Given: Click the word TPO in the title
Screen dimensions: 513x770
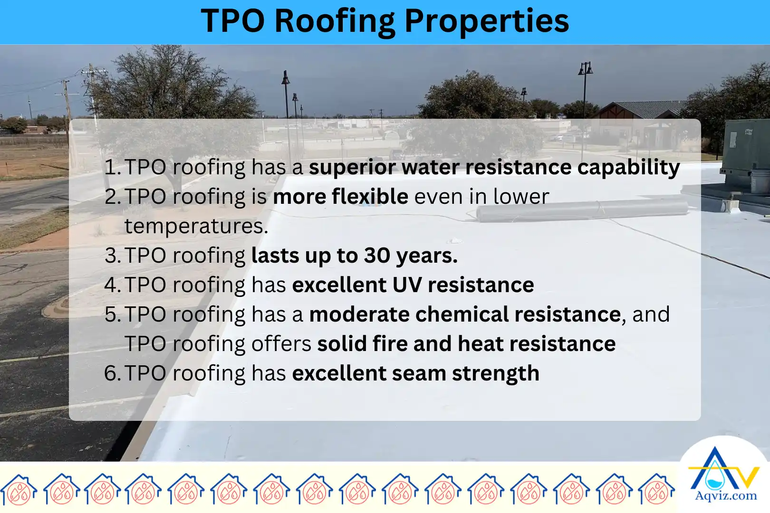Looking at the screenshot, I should coord(233,21).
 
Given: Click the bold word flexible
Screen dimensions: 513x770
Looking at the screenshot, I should coord(370,196).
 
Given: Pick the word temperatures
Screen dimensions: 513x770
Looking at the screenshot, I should coord(196,226).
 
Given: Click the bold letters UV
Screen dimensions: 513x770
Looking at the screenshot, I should coord(407,285).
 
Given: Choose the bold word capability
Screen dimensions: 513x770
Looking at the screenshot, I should coord(628,168).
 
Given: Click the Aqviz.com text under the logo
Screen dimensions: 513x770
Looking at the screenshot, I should coord(726,496).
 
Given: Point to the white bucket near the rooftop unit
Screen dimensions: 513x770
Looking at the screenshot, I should coord(759,181).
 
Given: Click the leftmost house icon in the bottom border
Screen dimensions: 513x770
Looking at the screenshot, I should coord(19,489).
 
